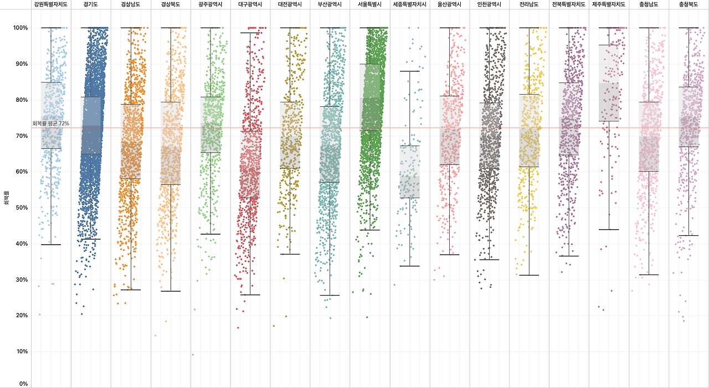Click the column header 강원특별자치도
point(51,4)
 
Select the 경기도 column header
point(91,4)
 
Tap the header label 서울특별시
point(370,4)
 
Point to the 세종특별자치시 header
point(410,4)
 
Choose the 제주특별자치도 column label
point(609,4)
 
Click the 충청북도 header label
point(689,4)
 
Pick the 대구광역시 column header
point(250,4)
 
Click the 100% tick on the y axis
point(21,28)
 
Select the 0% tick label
point(24,384)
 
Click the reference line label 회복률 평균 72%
point(51,123)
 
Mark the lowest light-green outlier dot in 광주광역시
point(193,355)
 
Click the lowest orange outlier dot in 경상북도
point(155,335)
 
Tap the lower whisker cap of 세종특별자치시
point(410,266)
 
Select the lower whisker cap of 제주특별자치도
point(609,230)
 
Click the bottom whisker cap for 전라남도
point(529,275)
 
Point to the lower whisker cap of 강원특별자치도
point(51,245)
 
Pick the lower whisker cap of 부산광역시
point(330,296)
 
